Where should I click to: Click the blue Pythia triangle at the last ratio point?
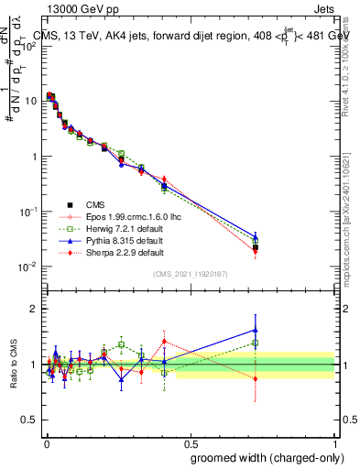point(256,330)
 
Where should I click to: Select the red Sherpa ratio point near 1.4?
point(164,342)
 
